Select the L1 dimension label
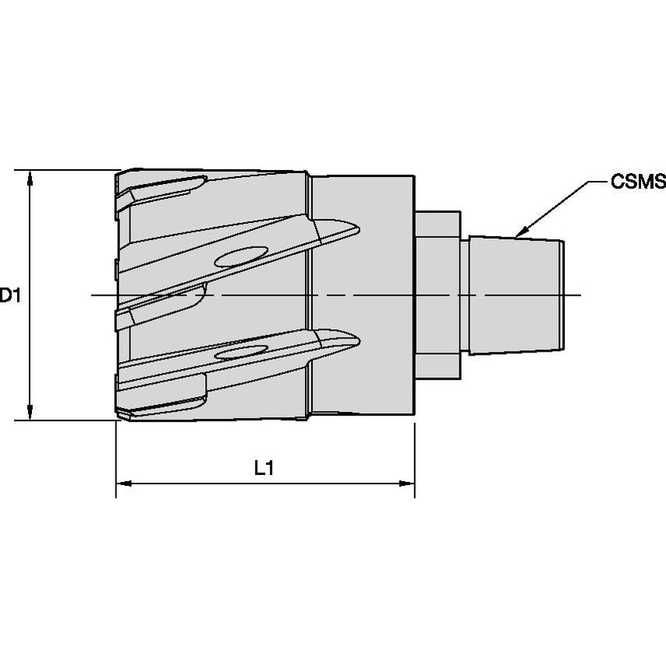coord(264,468)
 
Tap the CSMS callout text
coord(638,182)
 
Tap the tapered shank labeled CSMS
coord(515,295)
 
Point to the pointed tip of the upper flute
coord(359,228)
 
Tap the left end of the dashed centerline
coord(93,295)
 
